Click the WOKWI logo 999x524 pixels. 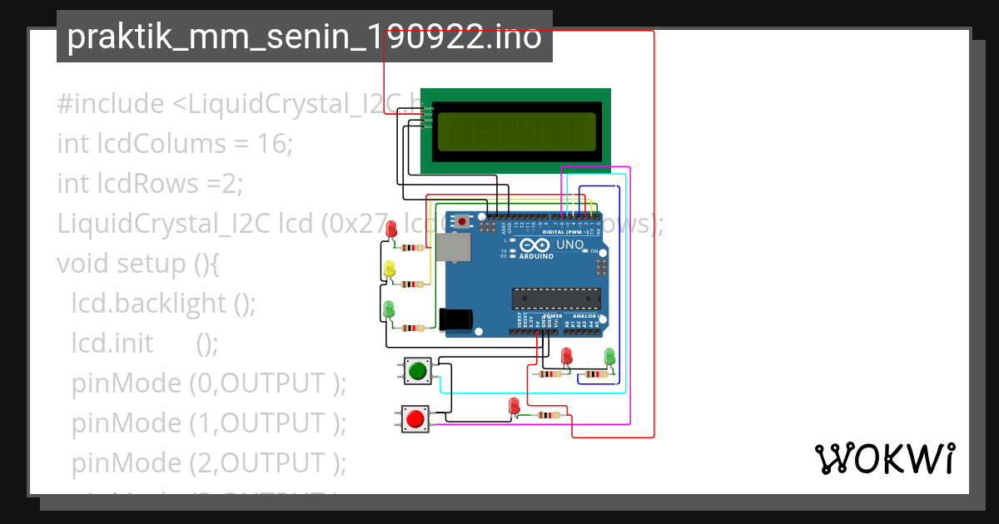coord(884,458)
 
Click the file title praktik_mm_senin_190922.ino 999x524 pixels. coord(304,37)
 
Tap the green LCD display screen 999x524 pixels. coord(516,131)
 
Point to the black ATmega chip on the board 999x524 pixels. coord(556,298)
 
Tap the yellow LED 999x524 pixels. coord(389,269)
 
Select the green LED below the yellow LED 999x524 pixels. coord(388,309)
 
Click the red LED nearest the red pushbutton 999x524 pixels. coord(514,406)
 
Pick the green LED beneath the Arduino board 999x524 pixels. coord(609,356)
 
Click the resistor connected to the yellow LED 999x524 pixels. coord(411,284)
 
